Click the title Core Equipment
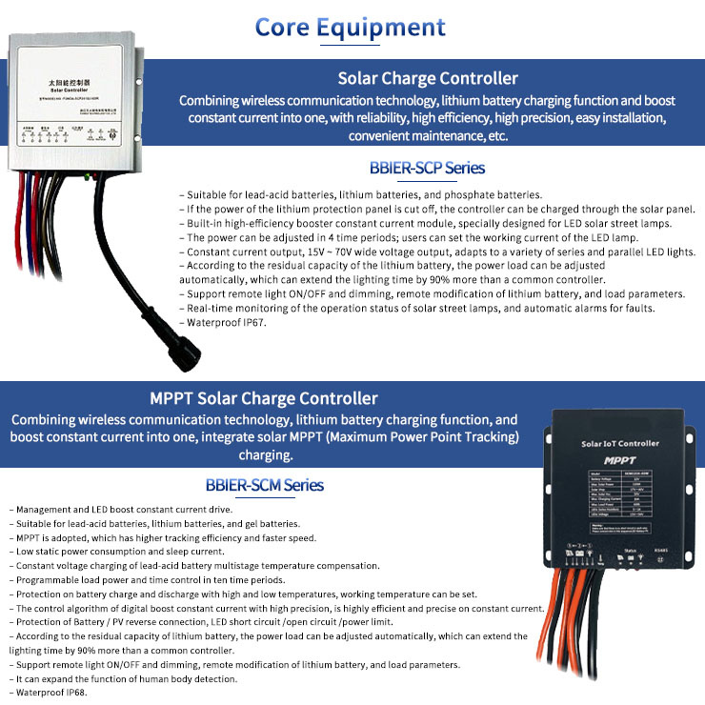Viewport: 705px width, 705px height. pos(350,26)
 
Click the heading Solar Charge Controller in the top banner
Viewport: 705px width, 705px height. pos(428,78)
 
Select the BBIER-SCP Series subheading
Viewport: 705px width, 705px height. pos(427,168)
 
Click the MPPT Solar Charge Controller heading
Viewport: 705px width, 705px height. pos(263,398)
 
